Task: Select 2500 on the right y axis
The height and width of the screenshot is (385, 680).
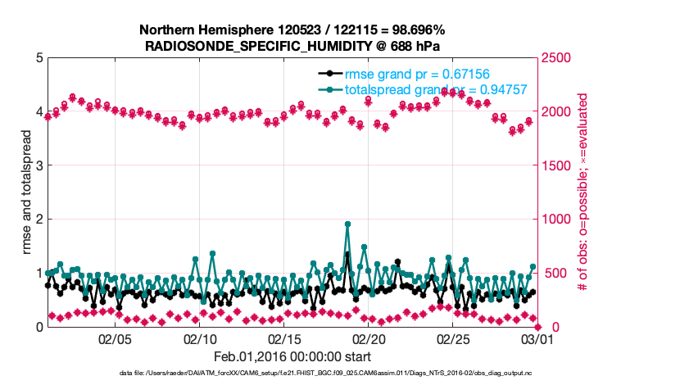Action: click(x=555, y=58)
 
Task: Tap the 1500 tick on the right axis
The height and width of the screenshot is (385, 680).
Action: click(x=555, y=165)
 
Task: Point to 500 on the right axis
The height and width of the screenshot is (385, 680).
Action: click(x=552, y=273)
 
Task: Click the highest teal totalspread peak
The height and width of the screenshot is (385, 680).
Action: click(x=348, y=224)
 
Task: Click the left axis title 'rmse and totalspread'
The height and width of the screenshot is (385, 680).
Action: click(x=27, y=193)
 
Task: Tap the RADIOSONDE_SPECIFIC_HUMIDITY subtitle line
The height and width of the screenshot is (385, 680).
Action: click(x=292, y=45)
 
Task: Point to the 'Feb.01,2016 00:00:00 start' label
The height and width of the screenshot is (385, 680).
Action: click(x=292, y=356)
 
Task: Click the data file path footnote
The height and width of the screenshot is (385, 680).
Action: click(x=325, y=373)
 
